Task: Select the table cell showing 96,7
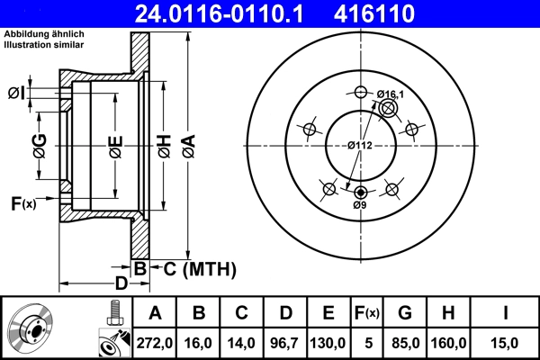point(284,342)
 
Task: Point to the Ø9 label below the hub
point(360,206)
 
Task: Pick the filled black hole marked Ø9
point(361,192)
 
